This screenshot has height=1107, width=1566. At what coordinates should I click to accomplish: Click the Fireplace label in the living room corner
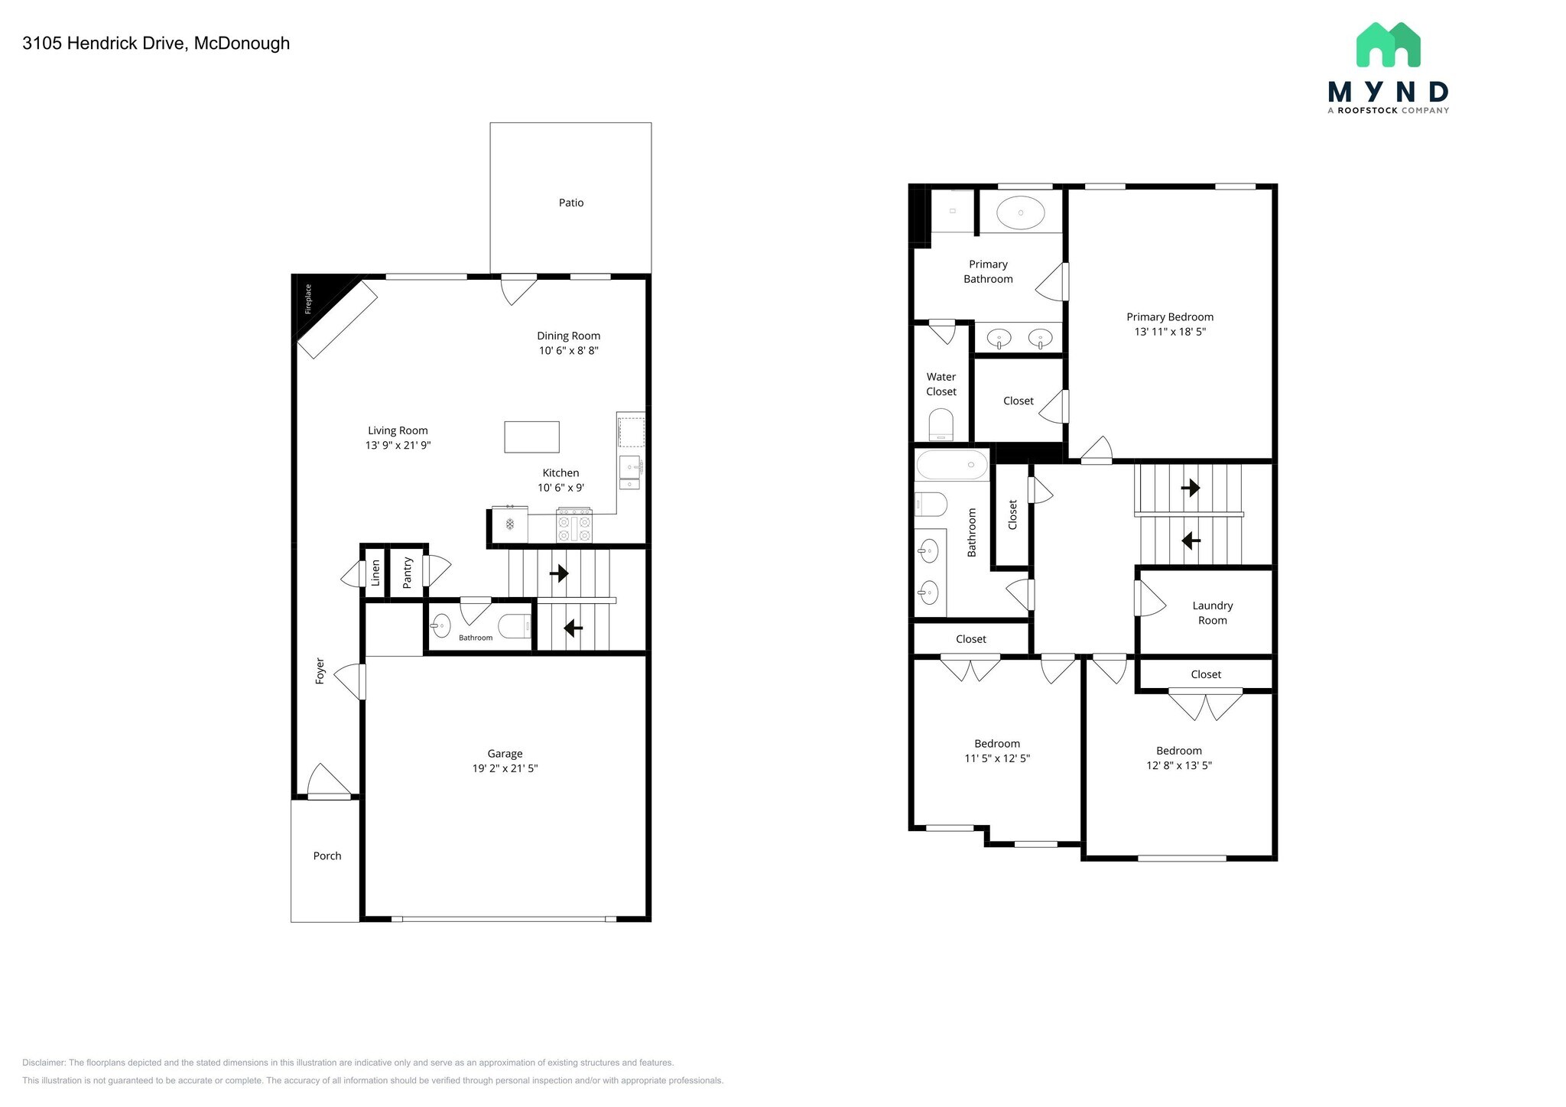click(309, 299)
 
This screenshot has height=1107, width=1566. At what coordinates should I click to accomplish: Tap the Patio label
click(570, 203)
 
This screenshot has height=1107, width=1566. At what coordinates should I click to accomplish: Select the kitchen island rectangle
click(531, 437)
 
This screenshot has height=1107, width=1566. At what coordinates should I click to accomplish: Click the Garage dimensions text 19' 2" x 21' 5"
click(505, 768)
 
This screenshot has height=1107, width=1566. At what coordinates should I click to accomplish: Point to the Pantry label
click(408, 572)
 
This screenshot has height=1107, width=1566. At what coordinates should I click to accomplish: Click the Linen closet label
click(375, 573)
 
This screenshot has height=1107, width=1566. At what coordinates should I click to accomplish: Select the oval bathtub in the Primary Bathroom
click(1021, 213)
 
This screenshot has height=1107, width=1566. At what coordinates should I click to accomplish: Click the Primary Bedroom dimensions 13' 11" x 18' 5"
click(1170, 332)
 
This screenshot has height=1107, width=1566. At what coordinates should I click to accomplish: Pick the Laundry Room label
click(1212, 613)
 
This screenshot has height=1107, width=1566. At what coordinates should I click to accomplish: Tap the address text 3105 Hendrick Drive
click(156, 44)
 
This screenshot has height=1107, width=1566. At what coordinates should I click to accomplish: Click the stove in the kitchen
click(573, 525)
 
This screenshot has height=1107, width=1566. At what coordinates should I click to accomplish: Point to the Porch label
click(327, 855)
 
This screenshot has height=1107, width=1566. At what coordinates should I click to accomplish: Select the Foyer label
click(320, 670)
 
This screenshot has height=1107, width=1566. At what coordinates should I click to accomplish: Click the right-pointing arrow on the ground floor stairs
click(559, 573)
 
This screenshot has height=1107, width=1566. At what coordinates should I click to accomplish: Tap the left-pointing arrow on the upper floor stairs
click(1191, 541)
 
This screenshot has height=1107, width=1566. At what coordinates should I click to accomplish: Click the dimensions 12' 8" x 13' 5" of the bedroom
click(1178, 765)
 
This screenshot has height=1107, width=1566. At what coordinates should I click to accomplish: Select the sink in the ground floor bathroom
click(440, 626)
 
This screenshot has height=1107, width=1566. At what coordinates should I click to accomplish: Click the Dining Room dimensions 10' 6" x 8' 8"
click(568, 351)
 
